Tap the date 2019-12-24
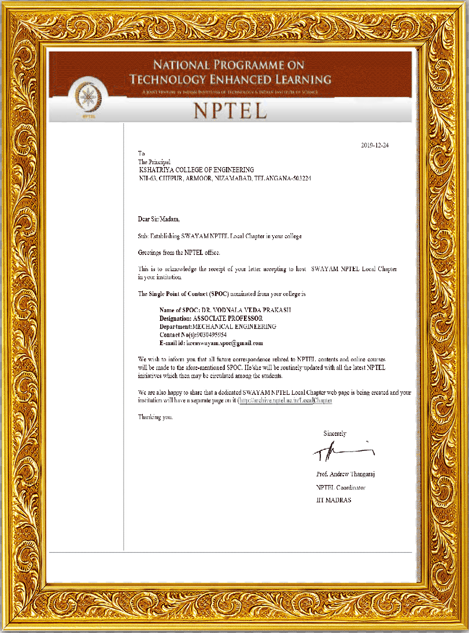point(374,145)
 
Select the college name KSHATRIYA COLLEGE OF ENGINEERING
point(196,170)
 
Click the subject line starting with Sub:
point(219,236)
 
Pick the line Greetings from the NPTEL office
point(179,253)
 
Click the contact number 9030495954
point(209,335)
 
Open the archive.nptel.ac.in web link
point(286,400)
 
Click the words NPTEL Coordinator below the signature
point(341,487)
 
